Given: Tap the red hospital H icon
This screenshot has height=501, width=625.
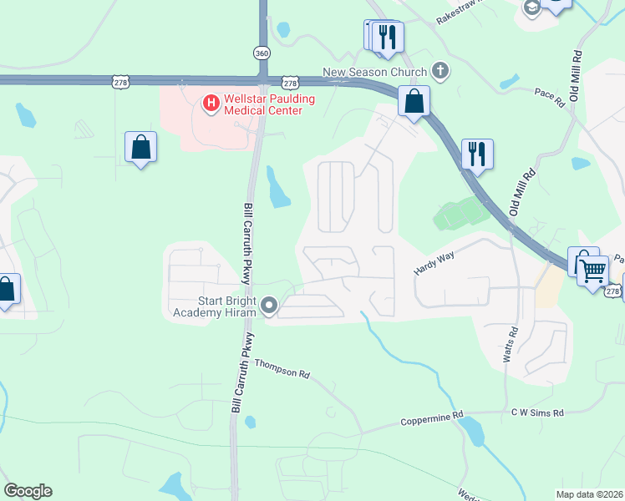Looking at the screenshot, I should pyautogui.click(x=211, y=104).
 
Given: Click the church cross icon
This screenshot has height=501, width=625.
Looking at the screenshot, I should pyautogui.click(x=441, y=72).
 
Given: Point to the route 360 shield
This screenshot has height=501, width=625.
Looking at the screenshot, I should pyautogui.click(x=262, y=52).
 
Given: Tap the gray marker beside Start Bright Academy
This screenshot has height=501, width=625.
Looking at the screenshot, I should pyautogui.click(x=269, y=306).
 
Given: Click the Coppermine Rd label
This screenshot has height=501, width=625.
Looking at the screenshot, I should pyautogui.click(x=431, y=417).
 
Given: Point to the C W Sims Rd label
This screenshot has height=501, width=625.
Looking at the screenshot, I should pyautogui.click(x=537, y=412).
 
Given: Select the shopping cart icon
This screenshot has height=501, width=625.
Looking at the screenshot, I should pyautogui.click(x=592, y=269).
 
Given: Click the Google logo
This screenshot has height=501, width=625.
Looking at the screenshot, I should pyautogui.click(x=28, y=491).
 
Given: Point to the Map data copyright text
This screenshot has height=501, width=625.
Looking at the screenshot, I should pyautogui.click(x=589, y=494).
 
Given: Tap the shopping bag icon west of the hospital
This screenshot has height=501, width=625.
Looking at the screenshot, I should pyautogui.click(x=140, y=147).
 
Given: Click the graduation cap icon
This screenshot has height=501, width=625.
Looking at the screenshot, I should pyautogui.click(x=530, y=8).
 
